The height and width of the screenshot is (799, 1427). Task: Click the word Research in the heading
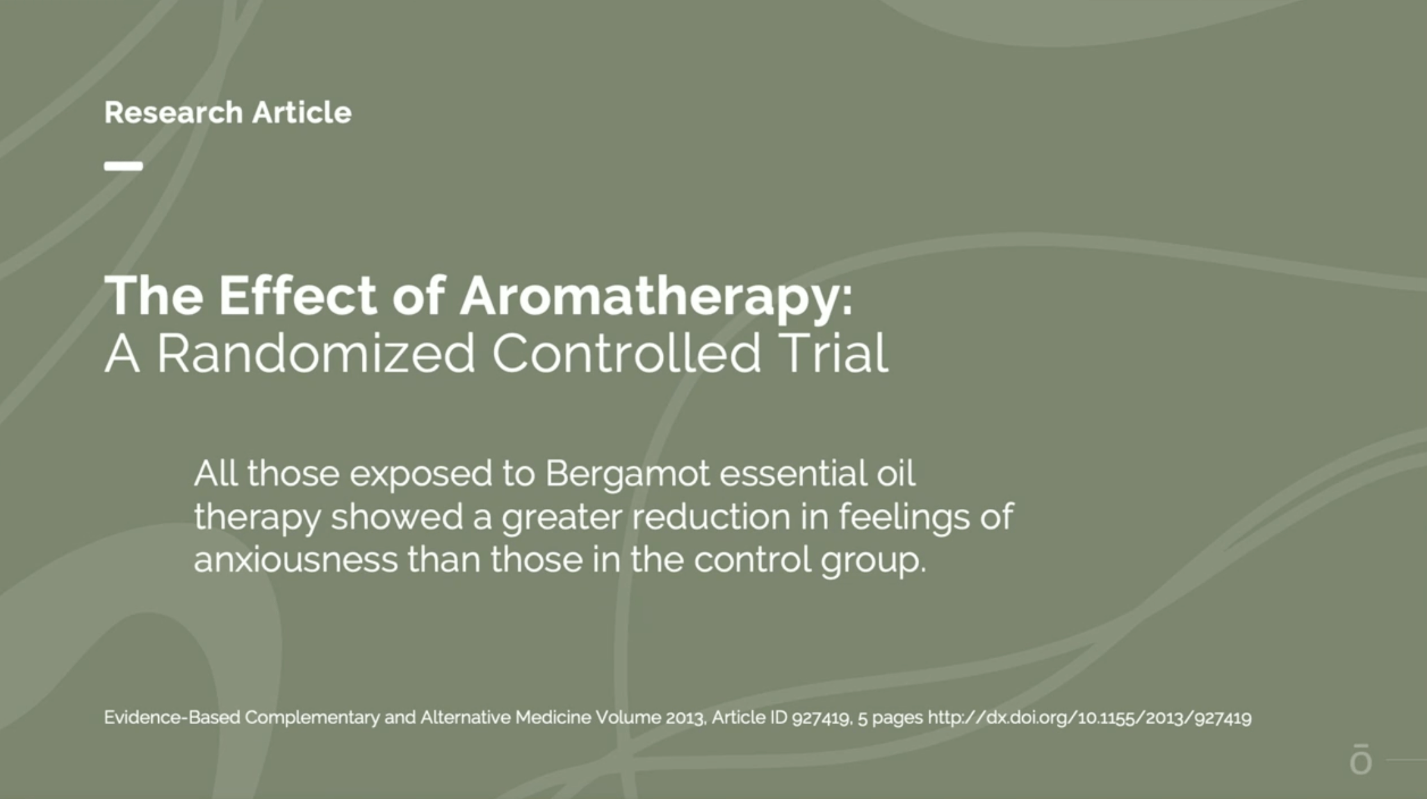click(x=173, y=113)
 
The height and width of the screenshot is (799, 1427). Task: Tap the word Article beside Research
click(x=302, y=113)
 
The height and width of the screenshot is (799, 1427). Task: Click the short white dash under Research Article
click(x=124, y=166)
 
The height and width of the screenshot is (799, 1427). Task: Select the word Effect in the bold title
click(x=298, y=296)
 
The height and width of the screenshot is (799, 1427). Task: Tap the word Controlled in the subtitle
click(x=626, y=353)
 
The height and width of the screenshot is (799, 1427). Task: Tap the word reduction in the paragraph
click(x=711, y=517)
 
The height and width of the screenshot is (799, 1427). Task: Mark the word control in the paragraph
click(x=752, y=560)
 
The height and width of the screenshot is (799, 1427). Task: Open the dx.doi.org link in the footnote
click(x=1089, y=718)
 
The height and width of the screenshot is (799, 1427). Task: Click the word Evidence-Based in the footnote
click(x=173, y=718)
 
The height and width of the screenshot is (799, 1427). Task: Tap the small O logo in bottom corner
click(x=1360, y=760)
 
